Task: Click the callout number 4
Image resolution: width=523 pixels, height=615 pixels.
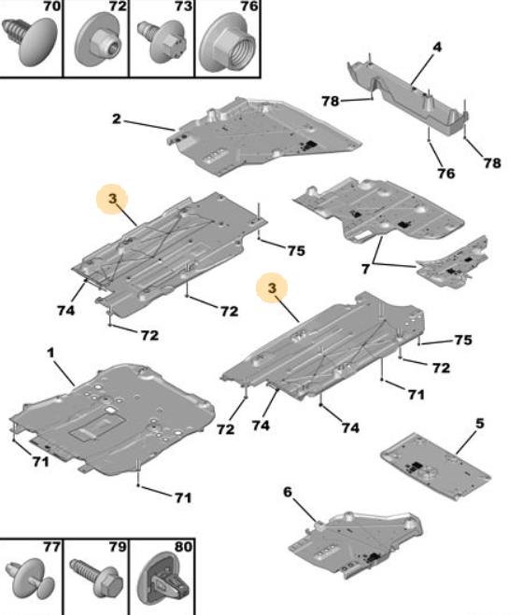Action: click(437, 48)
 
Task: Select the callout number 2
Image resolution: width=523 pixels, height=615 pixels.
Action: click(117, 119)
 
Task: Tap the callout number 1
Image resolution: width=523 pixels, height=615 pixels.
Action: click(50, 353)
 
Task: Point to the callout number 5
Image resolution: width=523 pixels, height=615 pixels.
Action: click(480, 424)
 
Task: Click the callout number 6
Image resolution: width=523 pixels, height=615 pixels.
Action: click(288, 492)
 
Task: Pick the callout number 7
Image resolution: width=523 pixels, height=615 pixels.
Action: click(365, 269)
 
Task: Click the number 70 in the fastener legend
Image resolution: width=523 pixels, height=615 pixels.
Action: click(52, 7)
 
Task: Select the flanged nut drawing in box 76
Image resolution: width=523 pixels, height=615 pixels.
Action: click(227, 42)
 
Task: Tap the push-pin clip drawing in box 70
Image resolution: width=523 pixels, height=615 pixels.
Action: click(30, 41)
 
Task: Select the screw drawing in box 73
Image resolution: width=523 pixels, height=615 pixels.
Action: click(162, 42)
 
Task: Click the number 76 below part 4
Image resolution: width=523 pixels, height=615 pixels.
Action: click(446, 174)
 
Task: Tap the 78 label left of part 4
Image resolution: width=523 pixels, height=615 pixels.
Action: click(331, 101)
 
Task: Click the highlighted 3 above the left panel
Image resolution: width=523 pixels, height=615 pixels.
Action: click(113, 199)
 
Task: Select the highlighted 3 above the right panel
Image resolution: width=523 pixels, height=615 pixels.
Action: click(272, 288)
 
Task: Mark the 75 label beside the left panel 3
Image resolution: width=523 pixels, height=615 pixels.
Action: click(296, 251)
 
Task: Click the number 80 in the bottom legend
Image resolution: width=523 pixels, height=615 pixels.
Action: click(183, 547)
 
